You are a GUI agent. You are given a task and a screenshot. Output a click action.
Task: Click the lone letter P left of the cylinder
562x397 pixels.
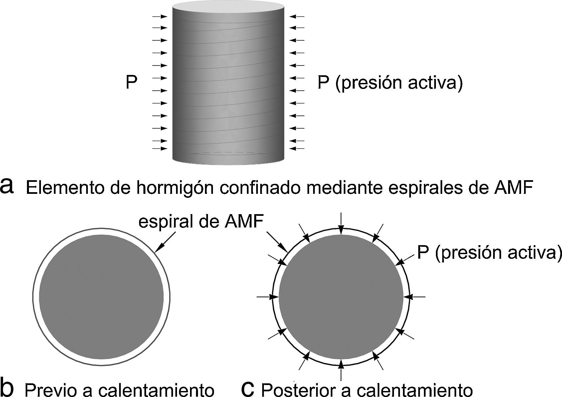(131, 82)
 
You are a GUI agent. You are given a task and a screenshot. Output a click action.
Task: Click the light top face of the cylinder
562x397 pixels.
(228, 7)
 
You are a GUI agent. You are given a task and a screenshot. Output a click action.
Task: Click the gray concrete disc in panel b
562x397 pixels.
(101, 297)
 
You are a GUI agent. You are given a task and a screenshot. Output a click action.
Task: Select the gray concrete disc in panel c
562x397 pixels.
(341, 296)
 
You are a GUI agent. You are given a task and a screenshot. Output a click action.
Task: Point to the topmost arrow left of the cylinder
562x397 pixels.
(160, 16)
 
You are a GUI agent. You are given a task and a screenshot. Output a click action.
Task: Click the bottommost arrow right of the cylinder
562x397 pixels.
(297, 148)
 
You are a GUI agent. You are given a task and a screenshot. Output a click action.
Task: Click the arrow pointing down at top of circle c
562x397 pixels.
(341, 223)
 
